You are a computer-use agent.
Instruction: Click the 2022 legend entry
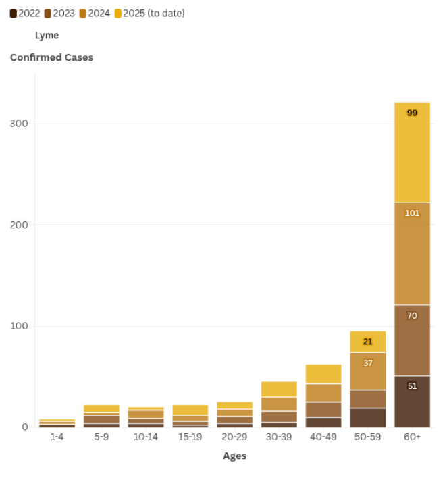(25, 13)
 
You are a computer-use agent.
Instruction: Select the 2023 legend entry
(60, 13)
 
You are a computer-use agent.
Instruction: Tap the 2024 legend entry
(95, 13)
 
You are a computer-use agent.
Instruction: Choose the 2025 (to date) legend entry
(149, 13)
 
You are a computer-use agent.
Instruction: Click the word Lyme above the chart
(47, 35)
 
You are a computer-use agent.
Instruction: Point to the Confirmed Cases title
(51, 57)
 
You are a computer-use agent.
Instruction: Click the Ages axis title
(234, 456)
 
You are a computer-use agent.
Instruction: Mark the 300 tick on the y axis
(18, 124)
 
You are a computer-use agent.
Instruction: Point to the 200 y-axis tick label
(18, 225)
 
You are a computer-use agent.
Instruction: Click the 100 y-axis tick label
(18, 326)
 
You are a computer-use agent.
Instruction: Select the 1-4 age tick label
(57, 437)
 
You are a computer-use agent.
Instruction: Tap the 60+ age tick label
(412, 437)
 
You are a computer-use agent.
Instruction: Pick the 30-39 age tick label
(279, 437)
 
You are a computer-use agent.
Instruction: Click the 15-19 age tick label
(190, 437)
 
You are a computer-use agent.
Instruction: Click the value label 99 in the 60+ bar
(412, 113)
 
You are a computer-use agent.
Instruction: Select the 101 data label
(412, 213)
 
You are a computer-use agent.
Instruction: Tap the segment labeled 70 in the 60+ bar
(412, 315)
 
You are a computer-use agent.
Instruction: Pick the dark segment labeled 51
(412, 386)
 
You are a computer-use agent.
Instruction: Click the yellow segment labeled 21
(368, 342)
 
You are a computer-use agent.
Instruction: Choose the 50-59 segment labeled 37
(368, 363)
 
